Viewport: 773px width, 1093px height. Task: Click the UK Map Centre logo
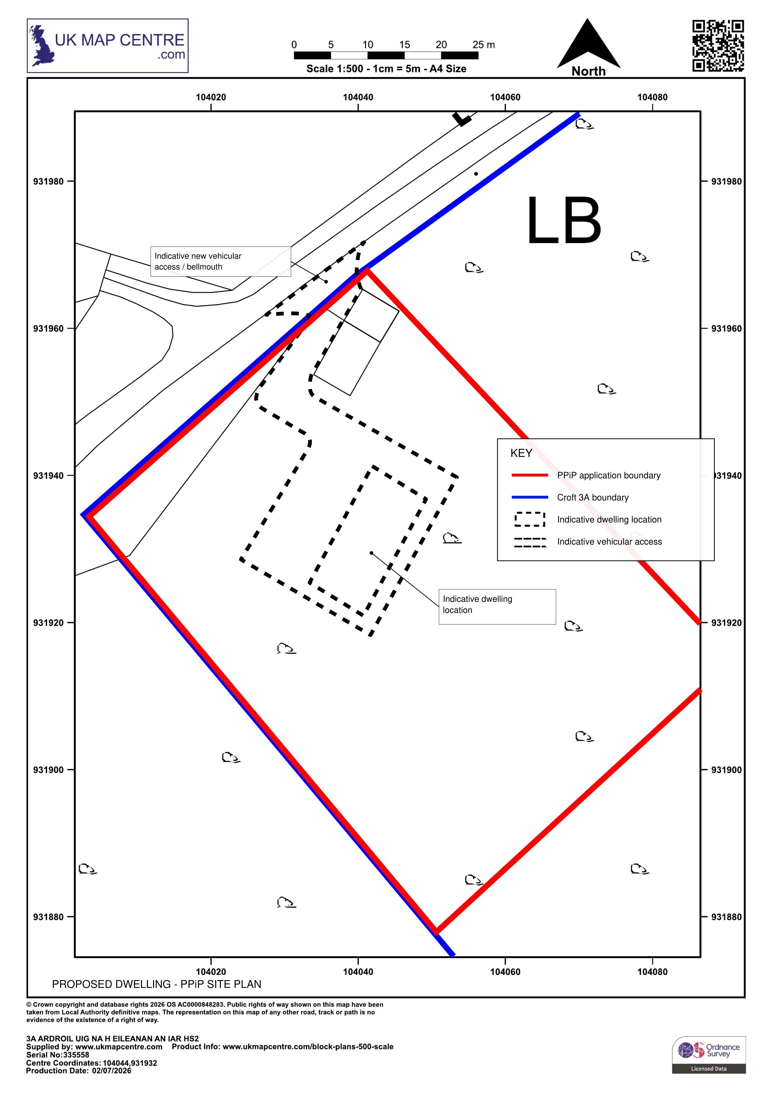[108, 46]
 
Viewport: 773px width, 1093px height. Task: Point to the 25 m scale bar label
[483, 45]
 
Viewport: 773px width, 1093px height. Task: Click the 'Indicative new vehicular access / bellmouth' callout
[221, 261]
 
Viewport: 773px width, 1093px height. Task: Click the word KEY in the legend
[521, 453]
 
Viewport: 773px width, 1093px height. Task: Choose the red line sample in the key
[530, 475]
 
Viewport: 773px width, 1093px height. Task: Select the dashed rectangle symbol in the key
[530, 519]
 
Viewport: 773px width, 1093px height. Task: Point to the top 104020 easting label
[211, 97]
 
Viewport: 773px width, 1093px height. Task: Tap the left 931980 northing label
[48, 181]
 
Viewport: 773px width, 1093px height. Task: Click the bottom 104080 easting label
[653, 972]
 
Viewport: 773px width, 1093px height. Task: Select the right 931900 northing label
[726, 770]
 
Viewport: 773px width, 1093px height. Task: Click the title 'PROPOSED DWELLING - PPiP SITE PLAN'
[157, 984]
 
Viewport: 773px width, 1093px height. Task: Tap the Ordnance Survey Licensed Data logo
[709, 1055]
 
